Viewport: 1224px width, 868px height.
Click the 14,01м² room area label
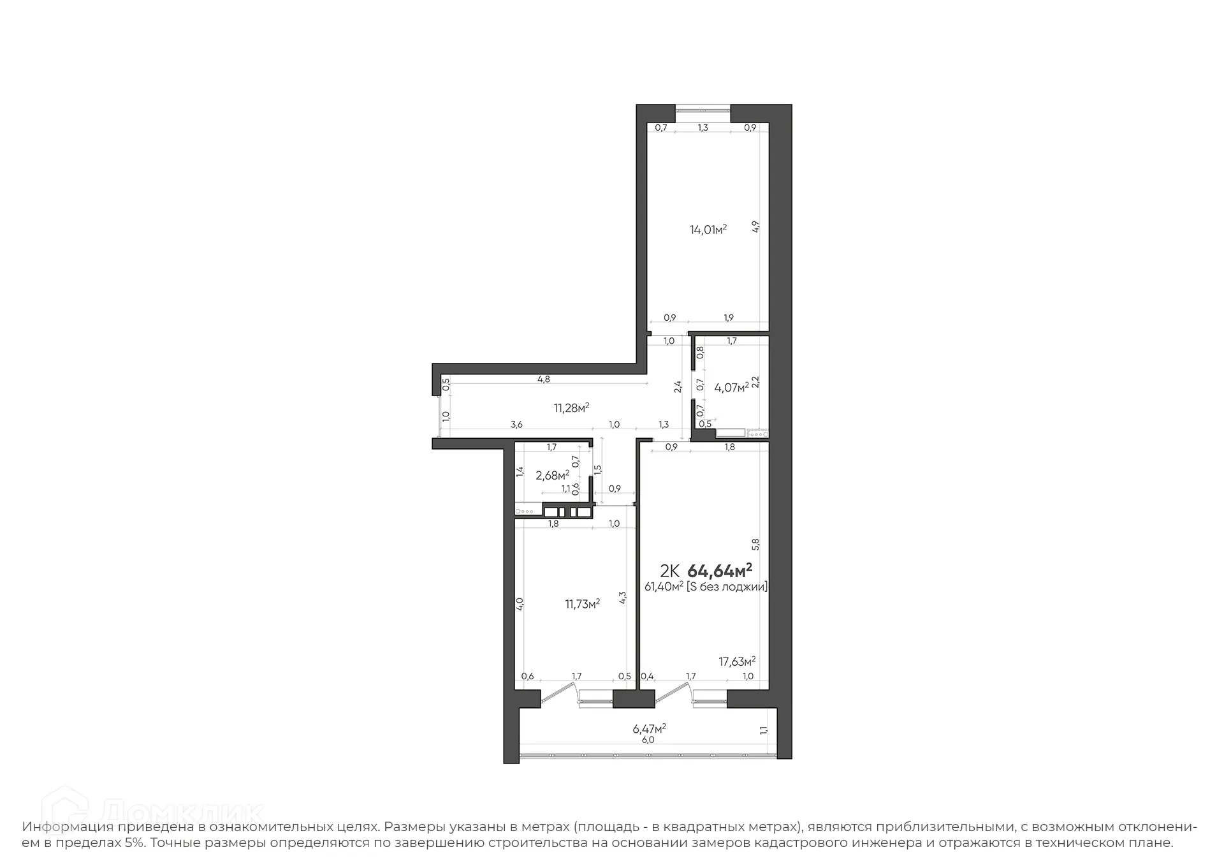pyautogui.click(x=708, y=230)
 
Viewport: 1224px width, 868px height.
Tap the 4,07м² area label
pyautogui.click(x=731, y=387)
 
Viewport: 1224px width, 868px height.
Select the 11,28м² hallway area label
pyautogui.click(x=571, y=408)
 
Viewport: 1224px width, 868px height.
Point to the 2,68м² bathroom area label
pyautogui.click(x=552, y=475)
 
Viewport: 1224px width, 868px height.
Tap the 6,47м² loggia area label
pyautogui.click(x=650, y=728)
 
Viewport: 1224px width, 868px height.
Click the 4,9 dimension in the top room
pyautogui.click(x=755, y=227)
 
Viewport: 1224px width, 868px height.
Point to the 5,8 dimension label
pyautogui.click(x=755, y=544)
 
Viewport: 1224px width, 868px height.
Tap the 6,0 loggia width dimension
pyautogui.click(x=648, y=740)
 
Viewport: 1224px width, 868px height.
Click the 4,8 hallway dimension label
pyautogui.click(x=543, y=379)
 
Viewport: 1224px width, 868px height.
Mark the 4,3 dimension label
pyautogui.click(x=623, y=598)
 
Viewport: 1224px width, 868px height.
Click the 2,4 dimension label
pyautogui.click(x=678, y=386)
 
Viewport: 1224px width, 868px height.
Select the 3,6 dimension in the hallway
pyautogui.click(x=517, y=425)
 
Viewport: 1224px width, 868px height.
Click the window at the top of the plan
pyautogui.click(x=703, y=110)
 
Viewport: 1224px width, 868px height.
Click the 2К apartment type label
pyautogui.click(x=669, y=570)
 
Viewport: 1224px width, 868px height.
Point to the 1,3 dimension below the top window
pyautogui.click(x=703, y=128)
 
